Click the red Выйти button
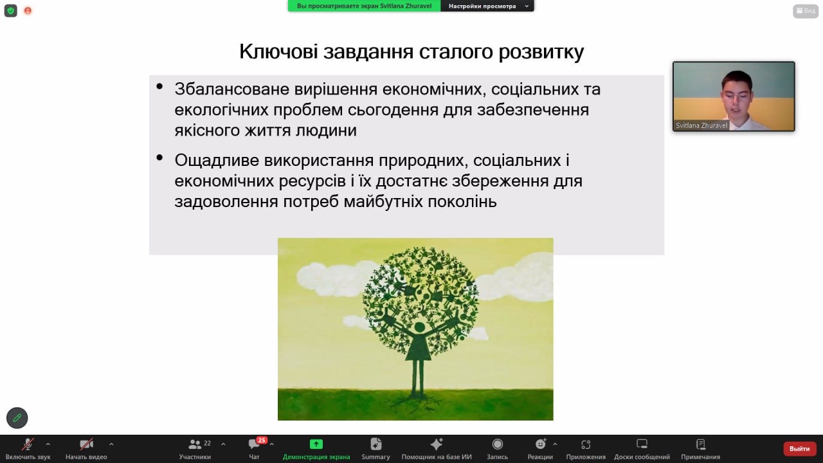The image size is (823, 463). (799, 449)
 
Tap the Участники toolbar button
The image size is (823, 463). (195, 449)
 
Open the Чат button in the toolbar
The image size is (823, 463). (254, 449)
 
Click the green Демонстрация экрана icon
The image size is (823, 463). (316, 444)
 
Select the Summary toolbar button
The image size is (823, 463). (375, 449)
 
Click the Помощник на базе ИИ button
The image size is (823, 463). (437, 449)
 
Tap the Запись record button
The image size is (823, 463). (497, 449)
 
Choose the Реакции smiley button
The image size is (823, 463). (540, 449)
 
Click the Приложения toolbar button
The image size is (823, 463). (586, 449)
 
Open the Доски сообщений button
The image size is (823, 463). (642, 449)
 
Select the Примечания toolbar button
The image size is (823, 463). (700, 449)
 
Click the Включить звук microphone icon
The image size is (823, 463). (28, 444)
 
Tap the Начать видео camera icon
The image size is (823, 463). (86, 444)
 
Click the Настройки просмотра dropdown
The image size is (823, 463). (487, 6)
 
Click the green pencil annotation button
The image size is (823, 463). (17, 418)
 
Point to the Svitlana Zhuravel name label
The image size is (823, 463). (701, 125)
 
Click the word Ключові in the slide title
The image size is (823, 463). (278, 51)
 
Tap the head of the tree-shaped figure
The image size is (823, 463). (419, 327)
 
